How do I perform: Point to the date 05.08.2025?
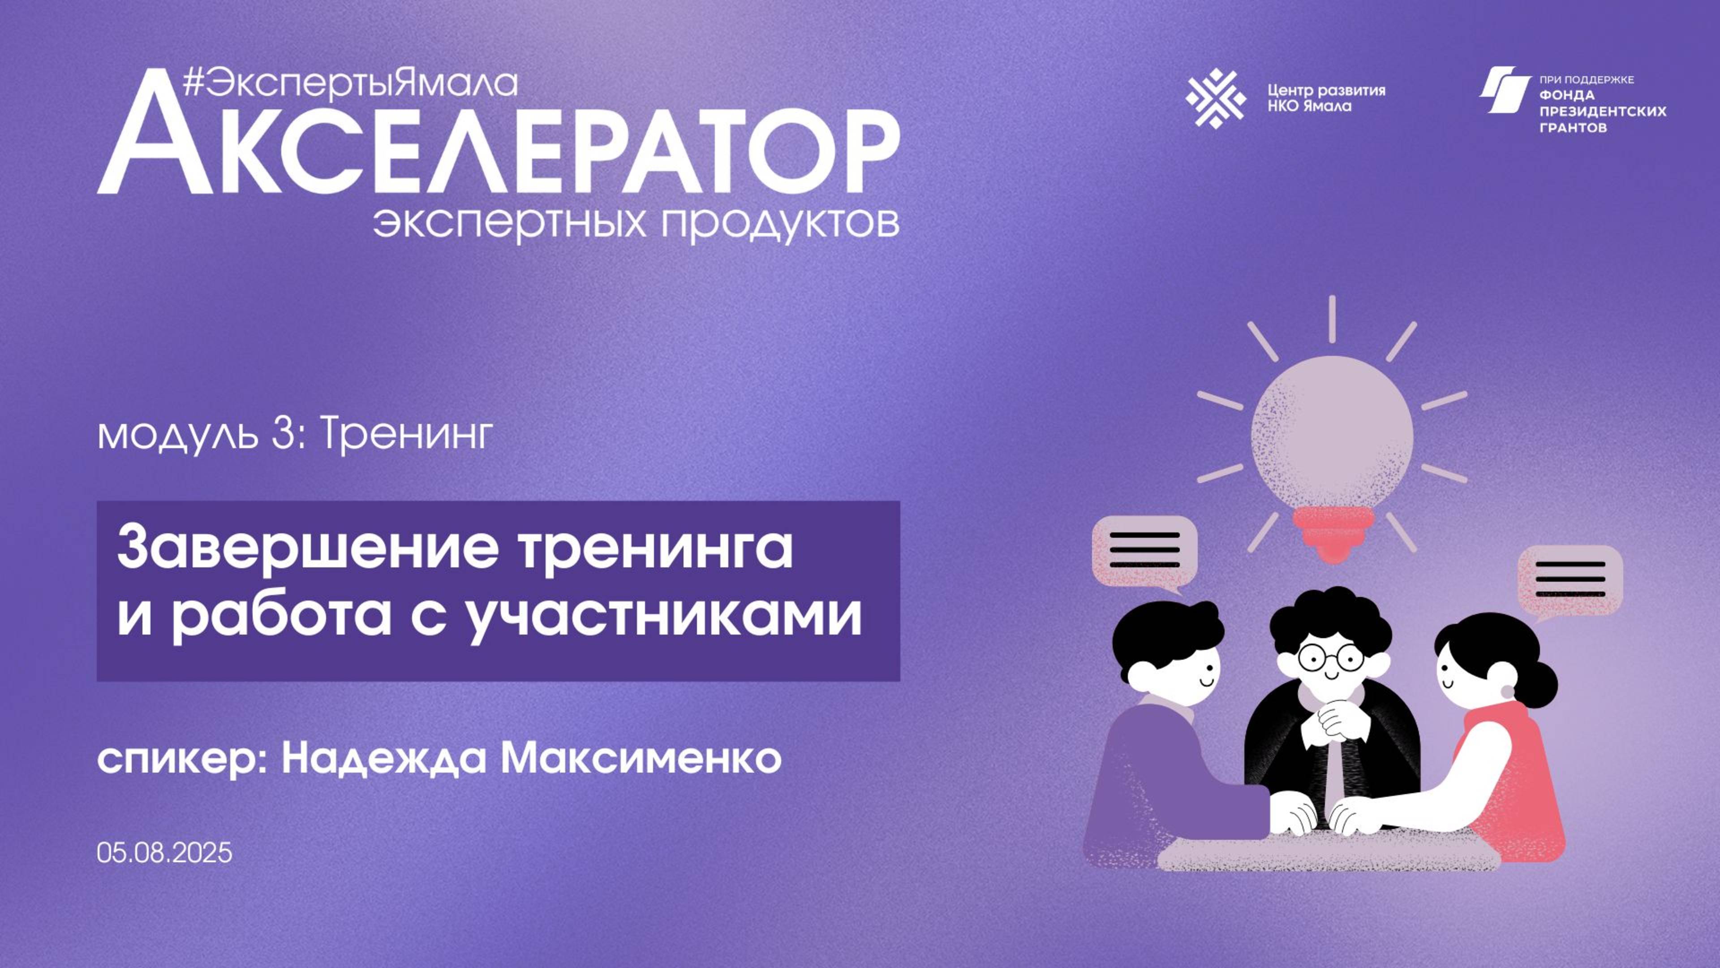click(164, 853)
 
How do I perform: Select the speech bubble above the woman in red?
click(1570, 580)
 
